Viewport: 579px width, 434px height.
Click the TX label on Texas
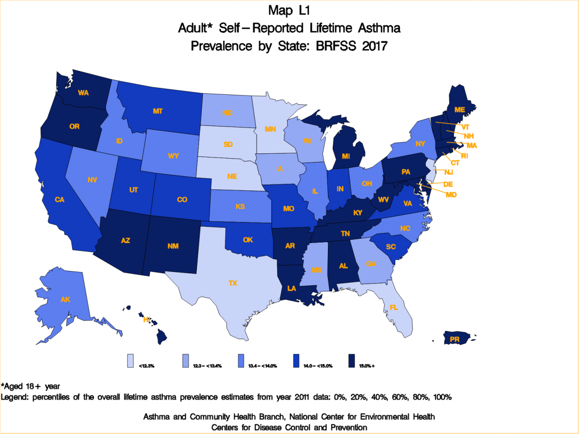coord(233,283)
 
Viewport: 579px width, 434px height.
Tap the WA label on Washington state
coord(83,93)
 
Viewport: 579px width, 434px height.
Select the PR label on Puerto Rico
coord(454,338)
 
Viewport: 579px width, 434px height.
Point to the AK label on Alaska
coord(65,300)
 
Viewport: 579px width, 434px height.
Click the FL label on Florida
coord(394,308)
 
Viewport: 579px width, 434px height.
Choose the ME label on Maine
coord(459,110)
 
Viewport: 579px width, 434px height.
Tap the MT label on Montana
coord(157,111)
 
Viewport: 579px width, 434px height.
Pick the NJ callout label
coord(449,172)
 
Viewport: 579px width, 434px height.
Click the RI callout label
coord(465,156)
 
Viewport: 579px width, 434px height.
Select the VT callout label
coord(465,127)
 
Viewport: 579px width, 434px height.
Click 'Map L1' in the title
coord(289,10)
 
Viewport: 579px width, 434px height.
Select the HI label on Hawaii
coord(146,320)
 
